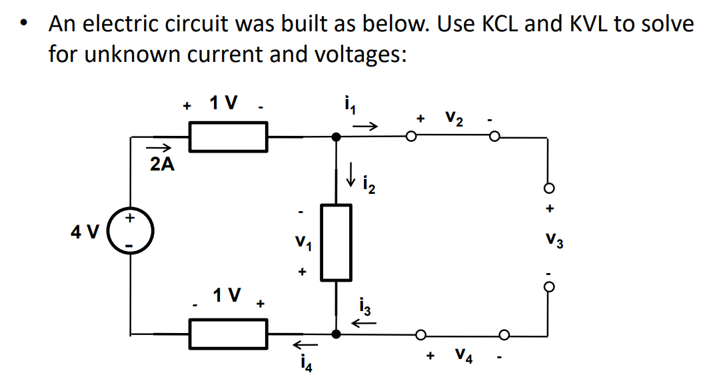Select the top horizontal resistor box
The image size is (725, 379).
click(x=229, y=137)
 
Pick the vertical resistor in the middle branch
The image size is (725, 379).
click(x=337, y=242)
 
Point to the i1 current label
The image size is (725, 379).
click(x=347, y=104)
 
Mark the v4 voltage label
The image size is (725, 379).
click(x=464, y=356)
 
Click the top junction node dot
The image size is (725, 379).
click(x=337, y=137)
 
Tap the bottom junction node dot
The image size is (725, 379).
click(x=337, y=333)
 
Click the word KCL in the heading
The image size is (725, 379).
click(x=498, y=25)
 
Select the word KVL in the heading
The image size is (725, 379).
click(x=594, y=25)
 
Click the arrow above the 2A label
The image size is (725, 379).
click(x=160, y=149)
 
